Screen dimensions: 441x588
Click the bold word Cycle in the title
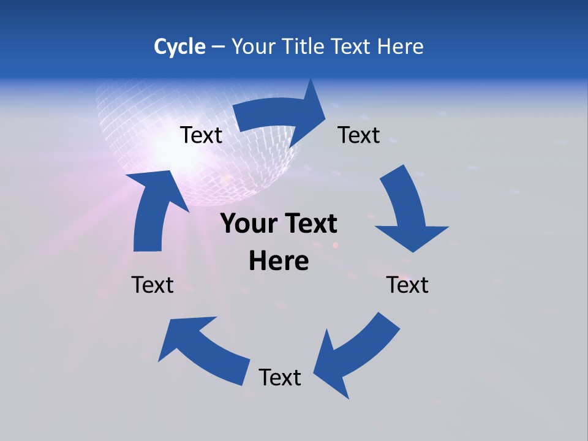point(179,47)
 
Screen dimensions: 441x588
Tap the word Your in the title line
point(254,47)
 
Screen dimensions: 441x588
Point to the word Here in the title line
point(401,47)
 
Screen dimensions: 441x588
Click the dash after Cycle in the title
point(217,47)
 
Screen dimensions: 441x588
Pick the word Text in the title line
point(352,47)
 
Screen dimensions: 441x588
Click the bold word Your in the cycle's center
point(248,224)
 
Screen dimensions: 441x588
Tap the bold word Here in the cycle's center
point(279,261)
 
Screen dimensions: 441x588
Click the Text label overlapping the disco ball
point(201,135)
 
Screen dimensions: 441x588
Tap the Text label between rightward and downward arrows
point(359,135)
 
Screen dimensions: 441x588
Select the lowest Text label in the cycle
point(280,377)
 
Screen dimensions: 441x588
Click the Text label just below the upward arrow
point(153,285)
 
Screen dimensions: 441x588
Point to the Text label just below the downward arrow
point(407,285)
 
